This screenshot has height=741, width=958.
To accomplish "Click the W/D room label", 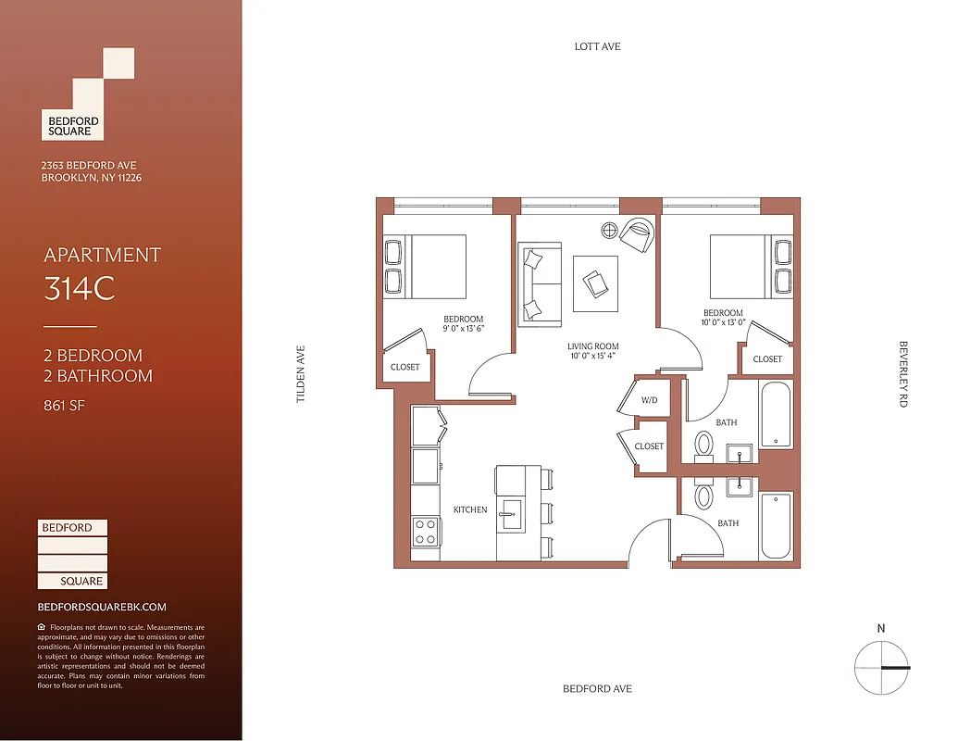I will [x=649, y=400].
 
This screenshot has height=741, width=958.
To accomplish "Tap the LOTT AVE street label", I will [x=597, y=46].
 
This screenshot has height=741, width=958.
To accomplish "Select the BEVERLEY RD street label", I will [x=903, y=374].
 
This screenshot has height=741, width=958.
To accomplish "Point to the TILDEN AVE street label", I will [x=300, y=374].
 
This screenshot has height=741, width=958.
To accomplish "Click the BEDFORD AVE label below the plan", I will [x=597, y=689].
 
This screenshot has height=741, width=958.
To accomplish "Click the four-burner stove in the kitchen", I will [x=425, y=532].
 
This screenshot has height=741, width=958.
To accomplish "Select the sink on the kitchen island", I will [x=510, y=511].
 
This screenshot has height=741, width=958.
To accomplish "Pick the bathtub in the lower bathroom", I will [x=776, y=525].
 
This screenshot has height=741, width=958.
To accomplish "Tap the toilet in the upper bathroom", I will [x=704, y=445].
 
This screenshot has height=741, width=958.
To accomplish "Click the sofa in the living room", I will [x=540, y=283].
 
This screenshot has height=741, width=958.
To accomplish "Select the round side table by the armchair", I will [x=610, y=230].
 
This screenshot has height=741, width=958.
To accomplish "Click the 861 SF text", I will [x=65, y=405].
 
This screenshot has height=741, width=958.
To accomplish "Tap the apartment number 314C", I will [x=80, y=290].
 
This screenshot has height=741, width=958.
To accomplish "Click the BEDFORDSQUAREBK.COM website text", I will [x=102, y=607].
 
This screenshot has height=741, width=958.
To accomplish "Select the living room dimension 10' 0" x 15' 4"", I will [x=593, y=356].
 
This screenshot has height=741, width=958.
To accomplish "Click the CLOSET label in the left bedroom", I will [x=404, y=367].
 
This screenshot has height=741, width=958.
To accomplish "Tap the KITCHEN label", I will [x=469, y=509].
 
